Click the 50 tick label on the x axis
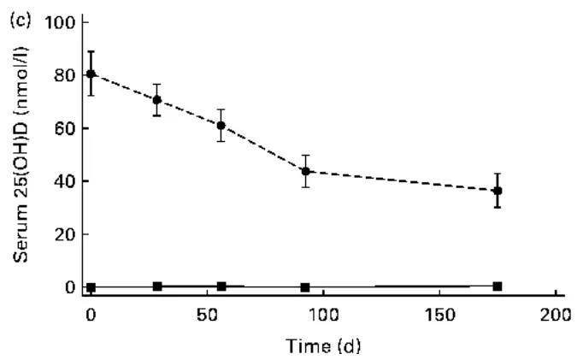click(206, 314)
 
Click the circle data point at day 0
click(91, 74)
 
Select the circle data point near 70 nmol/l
click(156, 100)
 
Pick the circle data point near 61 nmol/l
click(221, 126)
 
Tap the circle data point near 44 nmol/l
click(305, 171)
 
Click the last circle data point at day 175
click(497, 191)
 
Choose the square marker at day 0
click(91, 287)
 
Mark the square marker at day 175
click(497, 286)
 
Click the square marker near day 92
click(305, 287)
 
